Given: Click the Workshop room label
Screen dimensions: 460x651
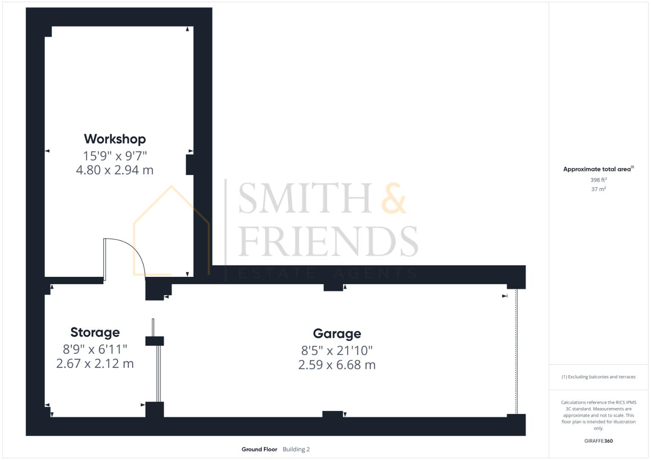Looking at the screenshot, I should (x=115, y=139).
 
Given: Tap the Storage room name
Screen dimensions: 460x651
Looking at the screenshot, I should (x=95, y=332).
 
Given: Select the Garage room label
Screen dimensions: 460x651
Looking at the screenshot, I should (x=337, y=333).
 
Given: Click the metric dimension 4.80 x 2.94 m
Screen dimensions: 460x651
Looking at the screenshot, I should (x=115, y=170).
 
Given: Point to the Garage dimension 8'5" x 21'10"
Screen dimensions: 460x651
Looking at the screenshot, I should (x=337, y=351).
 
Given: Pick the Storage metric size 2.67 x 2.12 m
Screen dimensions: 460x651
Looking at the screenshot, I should (x=95, y=364).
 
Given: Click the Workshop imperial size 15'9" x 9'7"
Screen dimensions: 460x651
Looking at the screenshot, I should (x=115, y=155).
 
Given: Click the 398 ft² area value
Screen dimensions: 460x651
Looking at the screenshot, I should (x=598, y=180).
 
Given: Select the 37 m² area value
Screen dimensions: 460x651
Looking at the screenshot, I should (x=598, y=189).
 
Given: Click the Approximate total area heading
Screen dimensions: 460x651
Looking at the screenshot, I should (x=598, y=169).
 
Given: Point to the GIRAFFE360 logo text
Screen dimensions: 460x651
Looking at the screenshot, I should (x=598, y=441).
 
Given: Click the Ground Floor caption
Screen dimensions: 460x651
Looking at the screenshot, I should (x=259, y=449).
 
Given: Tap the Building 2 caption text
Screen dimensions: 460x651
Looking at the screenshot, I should (x=296, y=449).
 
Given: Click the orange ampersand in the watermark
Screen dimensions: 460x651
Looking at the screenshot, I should (x=393, y=198).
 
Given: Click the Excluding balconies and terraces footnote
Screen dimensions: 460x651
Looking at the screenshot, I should (x=598, y=377).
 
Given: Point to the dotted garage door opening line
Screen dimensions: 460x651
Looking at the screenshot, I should (x=516, y=351).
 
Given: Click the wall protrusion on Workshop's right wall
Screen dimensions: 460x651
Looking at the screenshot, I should (x=190, y=164).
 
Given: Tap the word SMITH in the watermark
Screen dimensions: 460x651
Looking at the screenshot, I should (x=305, y=198).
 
